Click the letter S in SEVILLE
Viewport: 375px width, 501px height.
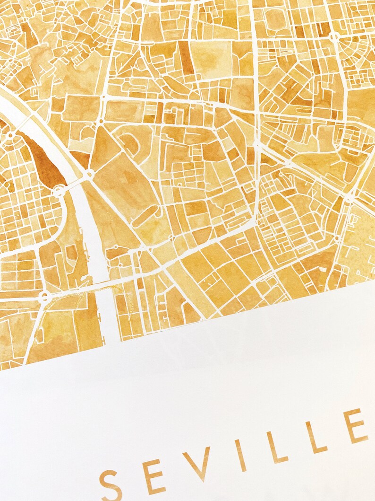click(111, 484)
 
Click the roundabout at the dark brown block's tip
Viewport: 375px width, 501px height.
click(59, 191)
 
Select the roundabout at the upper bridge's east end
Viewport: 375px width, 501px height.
click(88, 176)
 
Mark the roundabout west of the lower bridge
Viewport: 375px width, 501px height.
click(44, 297)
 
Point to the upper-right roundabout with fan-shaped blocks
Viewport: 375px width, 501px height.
click(334, 37)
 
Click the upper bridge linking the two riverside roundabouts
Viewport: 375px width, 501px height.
click(74, 183)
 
